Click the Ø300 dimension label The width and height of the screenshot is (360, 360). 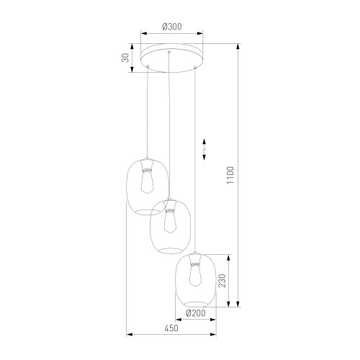pos(171,27)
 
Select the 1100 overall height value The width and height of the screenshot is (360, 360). pos(230,174)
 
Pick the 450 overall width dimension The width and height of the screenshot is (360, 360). pos(171,328)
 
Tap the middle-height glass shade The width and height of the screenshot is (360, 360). pos(169,225)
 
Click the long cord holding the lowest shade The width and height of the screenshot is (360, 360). pos(194,158)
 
